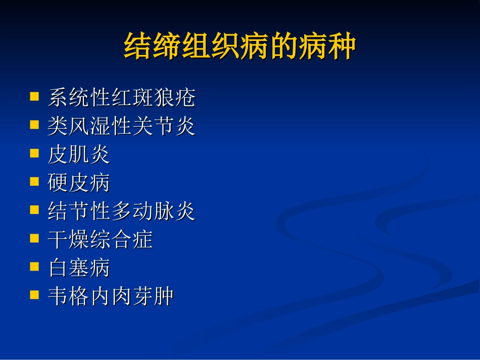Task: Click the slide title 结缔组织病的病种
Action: [x=240, y=47]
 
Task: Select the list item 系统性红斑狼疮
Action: [x=121, y=98]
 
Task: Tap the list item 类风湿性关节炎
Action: [x=121, y=126]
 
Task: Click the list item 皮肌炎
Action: [x=78, y=155]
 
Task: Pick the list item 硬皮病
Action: [x=78, y=183]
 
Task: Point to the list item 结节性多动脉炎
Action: [x=121, y=211]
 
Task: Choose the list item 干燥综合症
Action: [x=100, y=239]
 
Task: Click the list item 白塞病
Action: [x=78, y=268]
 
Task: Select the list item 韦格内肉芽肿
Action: [x=111, y=296]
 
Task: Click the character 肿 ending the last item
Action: [x=164, y=296]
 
